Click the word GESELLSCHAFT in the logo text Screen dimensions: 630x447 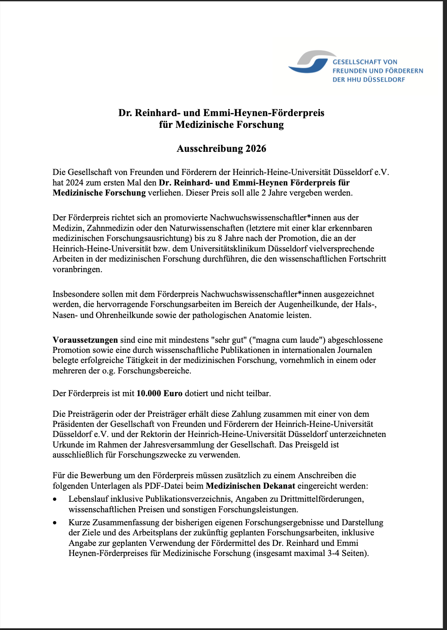coord(353,62)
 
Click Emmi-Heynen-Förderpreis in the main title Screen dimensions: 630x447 coord(264,113)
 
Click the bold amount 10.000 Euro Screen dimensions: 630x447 coord(159,394)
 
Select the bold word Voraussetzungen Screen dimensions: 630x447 coord(85,340)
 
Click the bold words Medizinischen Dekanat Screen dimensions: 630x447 coord(250,486)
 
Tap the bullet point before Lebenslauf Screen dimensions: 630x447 coord(55,499)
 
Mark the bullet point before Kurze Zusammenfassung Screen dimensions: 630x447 coord(55,523)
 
